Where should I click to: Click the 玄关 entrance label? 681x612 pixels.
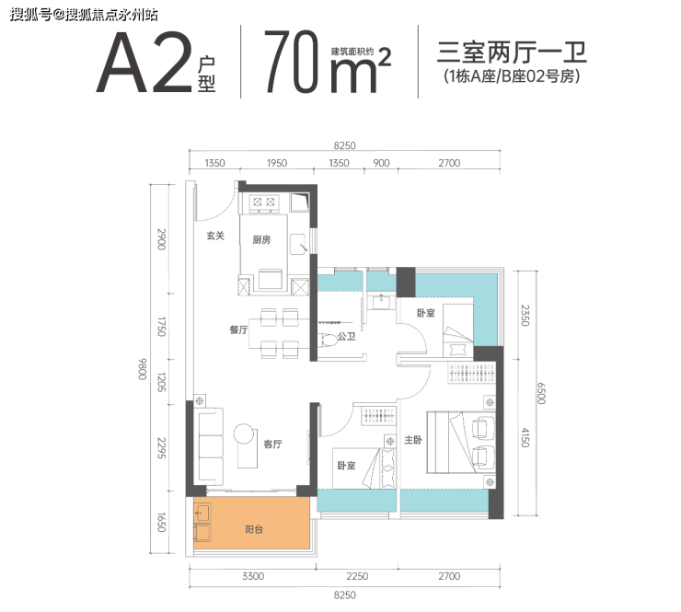(215, 236)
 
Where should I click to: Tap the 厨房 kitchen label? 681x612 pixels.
(261, 239)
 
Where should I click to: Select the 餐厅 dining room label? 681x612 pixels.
(238, 329)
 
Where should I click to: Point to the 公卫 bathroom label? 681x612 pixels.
(347, 336)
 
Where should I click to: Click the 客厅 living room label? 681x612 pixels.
(272, 444)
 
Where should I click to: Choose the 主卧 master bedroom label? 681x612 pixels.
(413, 440)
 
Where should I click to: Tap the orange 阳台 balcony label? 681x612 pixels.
(254, 529)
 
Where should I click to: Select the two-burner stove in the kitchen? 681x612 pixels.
(264, 202)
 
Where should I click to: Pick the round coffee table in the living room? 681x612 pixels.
(243, 433)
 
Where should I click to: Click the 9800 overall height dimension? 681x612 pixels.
(143, 369)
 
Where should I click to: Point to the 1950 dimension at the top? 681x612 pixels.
(277, 163)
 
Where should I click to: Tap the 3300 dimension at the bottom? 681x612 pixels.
(253, 576)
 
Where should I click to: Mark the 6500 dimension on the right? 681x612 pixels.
(541, 394)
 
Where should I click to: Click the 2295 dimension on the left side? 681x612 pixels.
(161, 448)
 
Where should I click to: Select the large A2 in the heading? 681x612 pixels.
(144, 64)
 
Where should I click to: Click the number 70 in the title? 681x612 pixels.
(292, 62)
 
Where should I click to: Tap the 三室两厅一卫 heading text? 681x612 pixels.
(512, 52)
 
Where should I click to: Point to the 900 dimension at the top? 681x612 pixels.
(381, 163)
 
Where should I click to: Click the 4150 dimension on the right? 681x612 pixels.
(525, 438)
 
